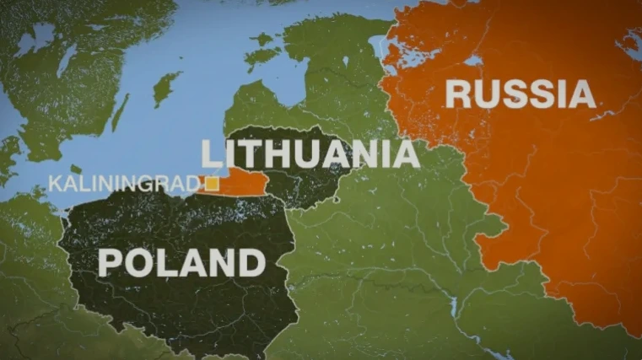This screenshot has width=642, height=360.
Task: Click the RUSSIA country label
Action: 521,94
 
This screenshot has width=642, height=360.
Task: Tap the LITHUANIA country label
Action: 310,153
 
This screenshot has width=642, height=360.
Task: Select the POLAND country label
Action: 181,263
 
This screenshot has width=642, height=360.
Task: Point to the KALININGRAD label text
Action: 126,183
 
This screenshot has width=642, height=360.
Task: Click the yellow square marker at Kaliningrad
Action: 213,182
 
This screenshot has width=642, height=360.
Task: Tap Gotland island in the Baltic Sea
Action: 166,88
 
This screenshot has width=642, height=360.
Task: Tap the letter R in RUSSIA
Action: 458,94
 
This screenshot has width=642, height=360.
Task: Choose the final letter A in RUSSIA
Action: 582,94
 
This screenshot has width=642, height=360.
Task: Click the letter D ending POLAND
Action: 251,263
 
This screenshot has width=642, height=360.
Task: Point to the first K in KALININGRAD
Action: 54,183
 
